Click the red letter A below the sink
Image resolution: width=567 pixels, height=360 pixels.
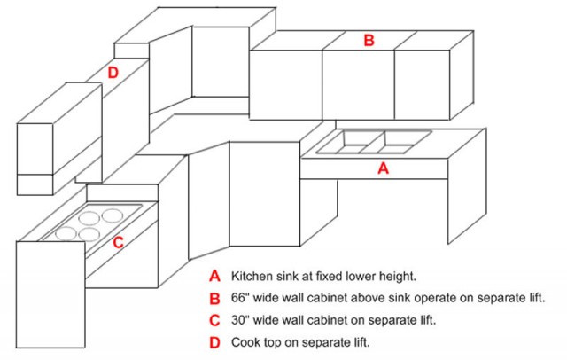(x=383, y=168)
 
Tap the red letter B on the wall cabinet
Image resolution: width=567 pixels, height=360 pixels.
(x=369, y=40)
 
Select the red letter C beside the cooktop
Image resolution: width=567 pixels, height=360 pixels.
(x=119, y=241)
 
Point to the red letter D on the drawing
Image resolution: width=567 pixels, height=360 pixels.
(x=113, y=73)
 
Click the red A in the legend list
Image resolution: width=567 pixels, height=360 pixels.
(x=214, y=275)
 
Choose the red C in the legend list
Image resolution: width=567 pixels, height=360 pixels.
(x=214, y=319)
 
